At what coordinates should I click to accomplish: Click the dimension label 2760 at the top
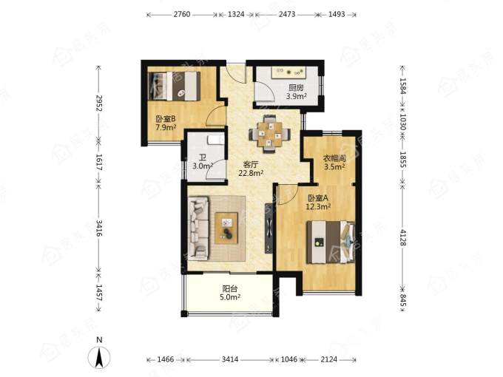pos(182,15)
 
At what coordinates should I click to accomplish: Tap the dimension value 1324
pos(236,15)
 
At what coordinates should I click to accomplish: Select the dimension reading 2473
pos(287,15)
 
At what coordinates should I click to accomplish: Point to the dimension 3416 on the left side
pos(99,228)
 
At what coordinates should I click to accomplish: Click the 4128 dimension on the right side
pos(403,237)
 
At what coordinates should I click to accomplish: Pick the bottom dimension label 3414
pos(230,359)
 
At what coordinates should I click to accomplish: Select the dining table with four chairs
pos(270,133)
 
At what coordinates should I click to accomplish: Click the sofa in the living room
pos(199,228)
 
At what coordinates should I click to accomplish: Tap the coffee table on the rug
pos(226,228)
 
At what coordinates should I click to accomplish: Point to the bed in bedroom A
pos(331,242)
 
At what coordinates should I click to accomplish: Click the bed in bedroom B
pos(174,86)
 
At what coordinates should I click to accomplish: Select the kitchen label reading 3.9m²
pos(297,96)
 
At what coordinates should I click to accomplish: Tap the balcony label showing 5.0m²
pos(230,297)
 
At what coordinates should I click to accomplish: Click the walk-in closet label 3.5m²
pos(334,166)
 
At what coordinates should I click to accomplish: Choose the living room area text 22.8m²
pos(251,173)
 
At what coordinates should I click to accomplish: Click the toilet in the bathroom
pos(215,140)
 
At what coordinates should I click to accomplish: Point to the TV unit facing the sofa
pos(269,228)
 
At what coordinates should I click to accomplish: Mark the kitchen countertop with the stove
pos(289,72)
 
